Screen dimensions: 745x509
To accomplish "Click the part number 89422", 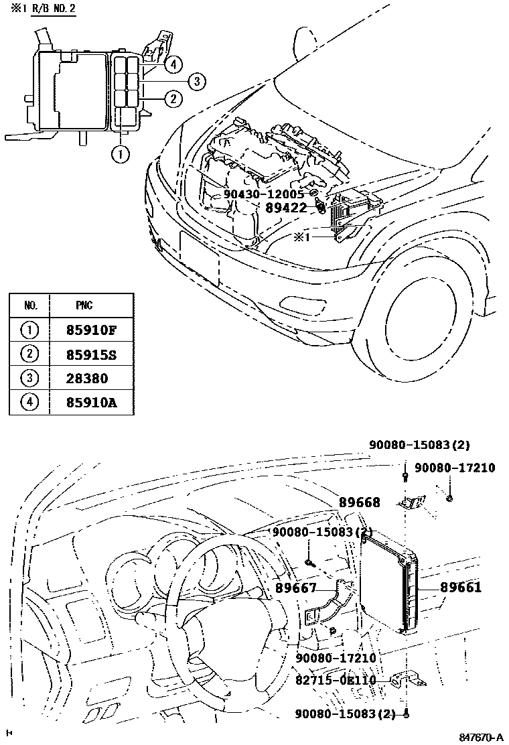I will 285,208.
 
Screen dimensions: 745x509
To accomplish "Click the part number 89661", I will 461,588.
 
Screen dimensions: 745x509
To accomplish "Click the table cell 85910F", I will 92,330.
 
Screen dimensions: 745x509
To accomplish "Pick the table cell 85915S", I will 92,354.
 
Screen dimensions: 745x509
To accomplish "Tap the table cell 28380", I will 87,379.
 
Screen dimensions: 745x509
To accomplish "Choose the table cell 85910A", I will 92,403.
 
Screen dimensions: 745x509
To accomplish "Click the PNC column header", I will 84,306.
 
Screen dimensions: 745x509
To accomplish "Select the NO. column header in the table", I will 31,306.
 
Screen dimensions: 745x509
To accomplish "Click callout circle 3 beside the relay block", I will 196,82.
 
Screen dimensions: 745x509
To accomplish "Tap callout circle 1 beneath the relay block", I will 120,154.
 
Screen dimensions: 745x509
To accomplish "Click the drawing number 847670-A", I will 480,737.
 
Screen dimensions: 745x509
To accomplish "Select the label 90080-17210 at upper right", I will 454,468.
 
